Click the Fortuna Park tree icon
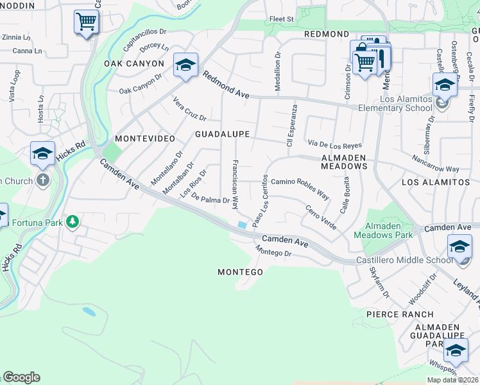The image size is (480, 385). (x=73, y=222)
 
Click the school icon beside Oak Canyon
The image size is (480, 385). (x=185, y=65)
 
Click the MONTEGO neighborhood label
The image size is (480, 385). (x=240, y=272)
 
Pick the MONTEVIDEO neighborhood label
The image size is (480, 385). (x=140, y=139)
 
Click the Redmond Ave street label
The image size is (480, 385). (x=226, y=85)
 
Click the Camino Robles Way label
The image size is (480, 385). (x=300, y=186)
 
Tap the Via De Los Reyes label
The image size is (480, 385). (x=334, y=144)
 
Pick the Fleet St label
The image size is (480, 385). (x=281, y=19)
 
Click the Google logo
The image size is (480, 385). (x=21, y=377)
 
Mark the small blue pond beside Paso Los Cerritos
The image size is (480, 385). (x=241, y=225)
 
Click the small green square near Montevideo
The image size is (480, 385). (x=112, y=153)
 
